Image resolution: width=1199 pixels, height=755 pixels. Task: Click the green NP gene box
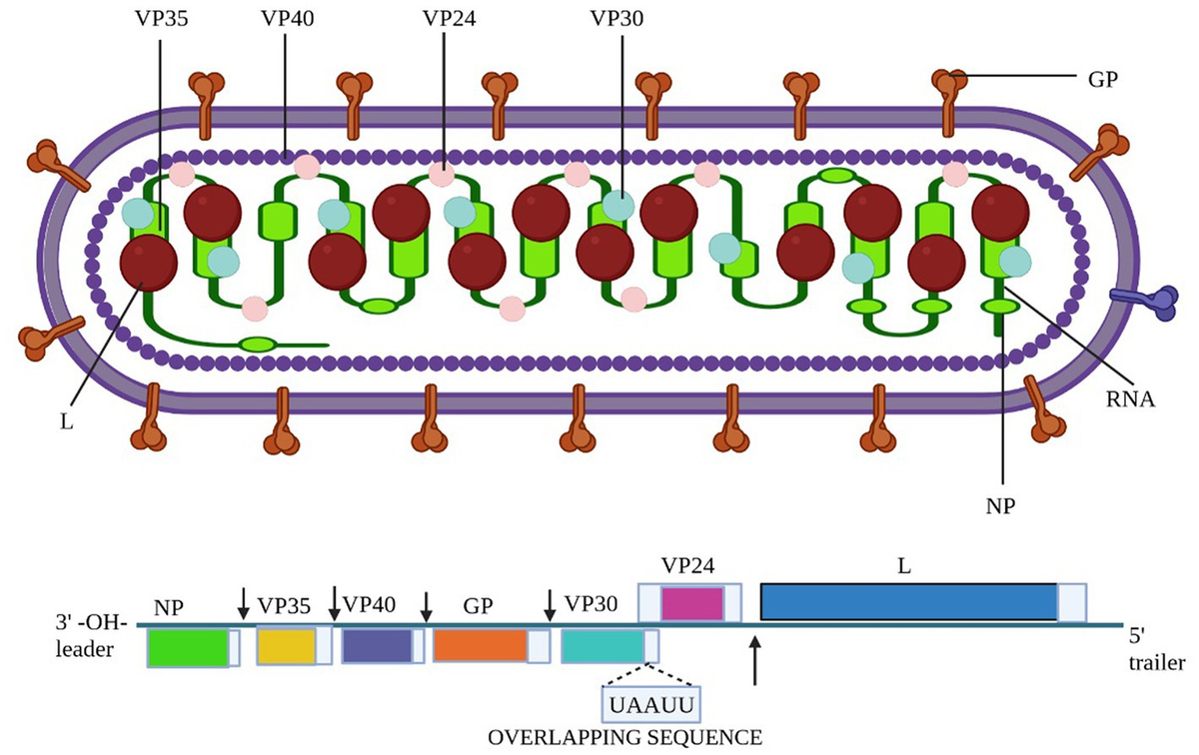[188, 648]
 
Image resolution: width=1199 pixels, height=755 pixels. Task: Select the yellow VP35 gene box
[286, 646]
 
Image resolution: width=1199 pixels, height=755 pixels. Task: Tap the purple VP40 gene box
[377, 646]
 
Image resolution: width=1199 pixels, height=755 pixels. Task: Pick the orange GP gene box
[480, 646]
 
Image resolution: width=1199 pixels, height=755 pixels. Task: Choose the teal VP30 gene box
[602, 646]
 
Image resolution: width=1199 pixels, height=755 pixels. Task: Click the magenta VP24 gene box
[691, 603]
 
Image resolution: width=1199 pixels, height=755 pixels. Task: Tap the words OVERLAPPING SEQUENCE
[624, 738]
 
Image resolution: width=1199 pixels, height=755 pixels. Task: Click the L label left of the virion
[66, 420]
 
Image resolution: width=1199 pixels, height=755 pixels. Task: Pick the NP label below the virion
[1001, 506]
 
